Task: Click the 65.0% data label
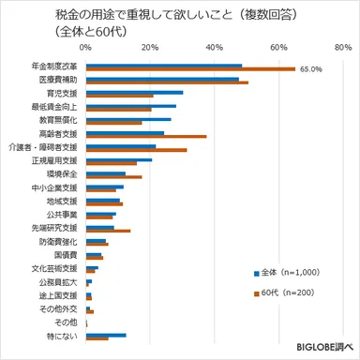click(310, 68)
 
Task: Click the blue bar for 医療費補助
click(162, 79)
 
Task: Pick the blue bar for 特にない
click(106, 334)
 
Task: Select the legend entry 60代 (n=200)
click(287, 293)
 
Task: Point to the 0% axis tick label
click(86, 47)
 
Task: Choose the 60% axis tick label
click(278, 47)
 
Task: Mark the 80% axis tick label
click(341, 47)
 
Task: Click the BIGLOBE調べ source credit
click(322, 349)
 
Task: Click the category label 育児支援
click(61, 94)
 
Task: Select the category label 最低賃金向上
click(55, 107)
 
